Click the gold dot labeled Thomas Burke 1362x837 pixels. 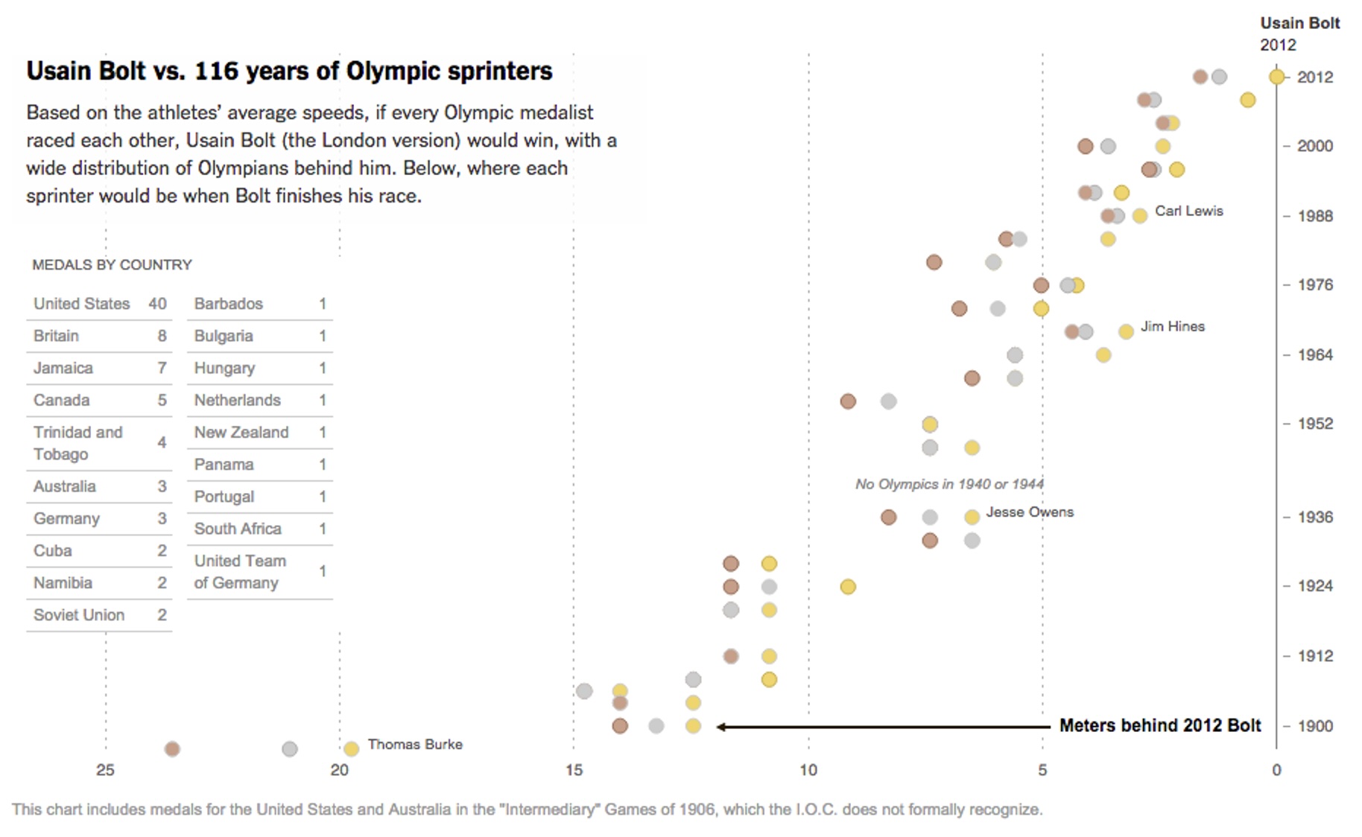[351, 748]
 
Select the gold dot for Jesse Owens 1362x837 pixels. [972, 517]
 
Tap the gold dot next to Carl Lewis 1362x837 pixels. [1139, 216]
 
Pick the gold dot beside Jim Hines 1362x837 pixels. [1126, 331]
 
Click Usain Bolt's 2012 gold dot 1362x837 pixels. [1276, 77]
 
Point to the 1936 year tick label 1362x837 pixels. [1315, 517]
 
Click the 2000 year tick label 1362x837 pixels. [1315, 146]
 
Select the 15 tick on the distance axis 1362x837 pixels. [574, 770]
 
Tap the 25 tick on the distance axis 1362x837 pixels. [105, 770]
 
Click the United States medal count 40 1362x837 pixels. [157, 304]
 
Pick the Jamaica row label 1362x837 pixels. [63, 368]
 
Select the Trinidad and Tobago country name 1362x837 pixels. [77, 443]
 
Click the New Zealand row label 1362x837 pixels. [241, 432]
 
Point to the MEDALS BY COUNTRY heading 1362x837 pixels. [112, 265]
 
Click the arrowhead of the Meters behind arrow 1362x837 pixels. [720, 726]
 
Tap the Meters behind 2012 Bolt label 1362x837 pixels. [1159, 725]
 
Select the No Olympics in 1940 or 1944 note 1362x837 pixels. [948, 484]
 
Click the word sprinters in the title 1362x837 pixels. [500, 71]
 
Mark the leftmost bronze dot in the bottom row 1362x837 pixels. [172, 748]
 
